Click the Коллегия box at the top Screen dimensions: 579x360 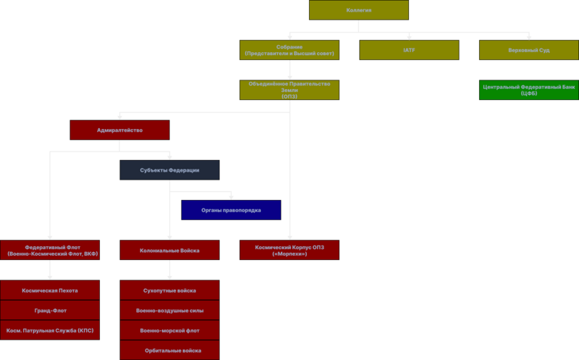point(359,10)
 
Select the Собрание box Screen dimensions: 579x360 point(289,50)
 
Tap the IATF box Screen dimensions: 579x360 point(409,50)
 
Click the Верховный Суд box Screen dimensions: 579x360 point(529,50)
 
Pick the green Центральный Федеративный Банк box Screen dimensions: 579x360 point(529,90)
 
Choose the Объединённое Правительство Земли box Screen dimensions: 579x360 point(289,90)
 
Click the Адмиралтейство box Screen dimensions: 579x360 point(119,130)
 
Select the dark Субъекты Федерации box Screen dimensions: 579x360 point(169,170)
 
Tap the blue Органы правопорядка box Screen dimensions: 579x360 point(231,210)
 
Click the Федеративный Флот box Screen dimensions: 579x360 point(50,250)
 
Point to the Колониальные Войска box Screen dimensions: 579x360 point(169,250)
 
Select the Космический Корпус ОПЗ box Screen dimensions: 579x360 point(289,250)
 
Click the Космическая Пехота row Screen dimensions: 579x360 point(50,290)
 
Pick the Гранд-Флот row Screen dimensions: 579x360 point(50,310)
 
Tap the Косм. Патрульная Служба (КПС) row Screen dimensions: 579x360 point(50,330)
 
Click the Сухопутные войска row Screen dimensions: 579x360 point(169,290)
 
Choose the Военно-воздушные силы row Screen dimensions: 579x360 point(169,310)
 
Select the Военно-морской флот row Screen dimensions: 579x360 point(169,330)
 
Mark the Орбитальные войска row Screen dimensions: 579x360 point(169,350)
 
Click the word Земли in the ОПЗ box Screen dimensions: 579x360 point(289,91)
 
